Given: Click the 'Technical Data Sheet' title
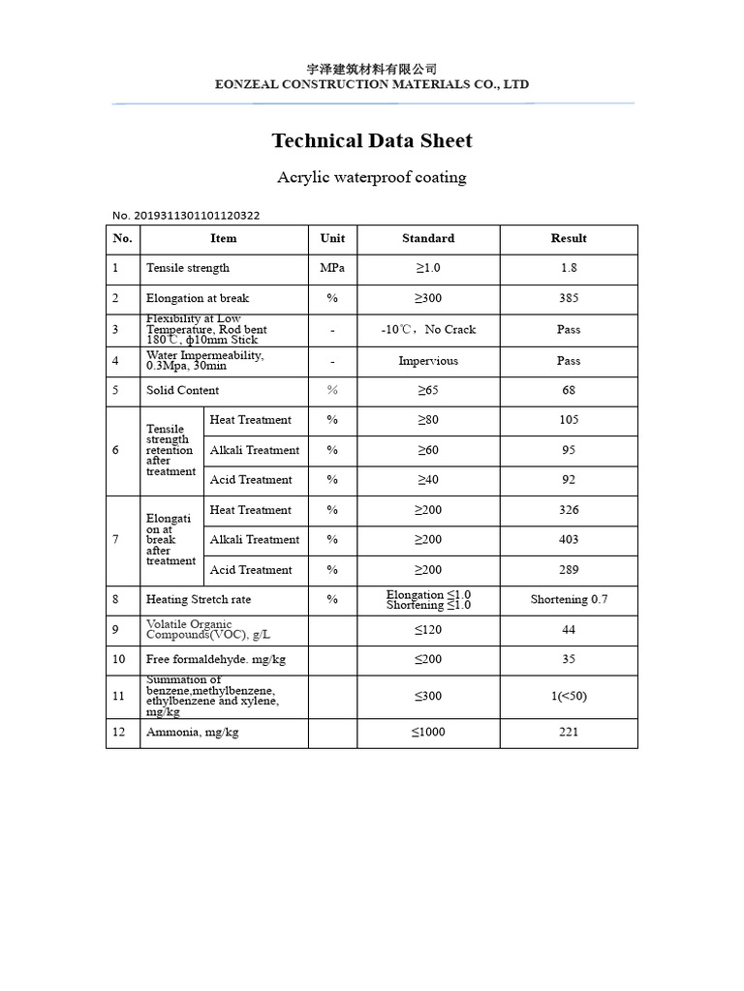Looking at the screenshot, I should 372,141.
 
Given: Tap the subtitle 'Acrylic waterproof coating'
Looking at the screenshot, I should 372,178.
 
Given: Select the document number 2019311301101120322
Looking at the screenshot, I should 186,216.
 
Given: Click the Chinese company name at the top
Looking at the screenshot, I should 372,69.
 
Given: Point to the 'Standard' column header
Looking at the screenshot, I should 428,239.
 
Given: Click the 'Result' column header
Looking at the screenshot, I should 569,239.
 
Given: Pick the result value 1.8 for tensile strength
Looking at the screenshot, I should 569,268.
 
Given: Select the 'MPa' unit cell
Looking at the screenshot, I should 332,268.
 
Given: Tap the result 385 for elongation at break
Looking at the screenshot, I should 569,299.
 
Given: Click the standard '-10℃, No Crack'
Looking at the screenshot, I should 428,330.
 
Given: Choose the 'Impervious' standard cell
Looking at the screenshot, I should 428,361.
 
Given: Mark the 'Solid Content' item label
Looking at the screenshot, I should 182,391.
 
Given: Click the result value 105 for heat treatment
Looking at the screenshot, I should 569,420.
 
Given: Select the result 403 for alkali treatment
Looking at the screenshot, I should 569,540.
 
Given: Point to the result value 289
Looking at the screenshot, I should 569,570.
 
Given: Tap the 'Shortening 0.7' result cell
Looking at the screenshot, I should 569,600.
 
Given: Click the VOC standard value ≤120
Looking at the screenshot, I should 428,630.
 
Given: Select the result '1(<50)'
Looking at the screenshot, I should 569,696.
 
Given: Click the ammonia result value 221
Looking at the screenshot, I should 569,733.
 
